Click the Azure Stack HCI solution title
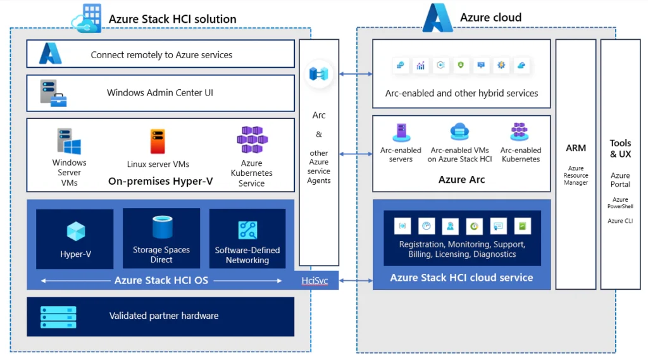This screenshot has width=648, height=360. pos(172,19)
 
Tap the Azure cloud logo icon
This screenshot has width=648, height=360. pos(438,18)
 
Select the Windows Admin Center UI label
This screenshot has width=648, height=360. pos(159,93)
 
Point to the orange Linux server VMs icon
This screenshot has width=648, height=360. pos(157,141)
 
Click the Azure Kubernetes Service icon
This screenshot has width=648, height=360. pos(252,139)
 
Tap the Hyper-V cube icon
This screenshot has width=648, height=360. pos(75,232)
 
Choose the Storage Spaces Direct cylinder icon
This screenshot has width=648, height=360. pos(161,227)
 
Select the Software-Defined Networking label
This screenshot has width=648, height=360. pos(247,255)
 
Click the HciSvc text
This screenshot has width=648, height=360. pos(315,280)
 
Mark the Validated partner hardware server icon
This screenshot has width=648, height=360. pos(58,316)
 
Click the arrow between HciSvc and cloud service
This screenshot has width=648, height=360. pos(356,280)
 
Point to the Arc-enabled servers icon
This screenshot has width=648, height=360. pos(401,132)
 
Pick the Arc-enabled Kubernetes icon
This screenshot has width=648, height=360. pos(520,132)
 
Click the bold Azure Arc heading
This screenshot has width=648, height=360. pos(461,180)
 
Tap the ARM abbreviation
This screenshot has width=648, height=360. pos(576,148)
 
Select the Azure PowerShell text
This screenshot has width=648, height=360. pos(620,202)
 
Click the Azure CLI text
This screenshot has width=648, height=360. pos(620,221)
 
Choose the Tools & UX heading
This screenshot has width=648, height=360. pos(620,149)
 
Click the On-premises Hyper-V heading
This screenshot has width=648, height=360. pos(160,181)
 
